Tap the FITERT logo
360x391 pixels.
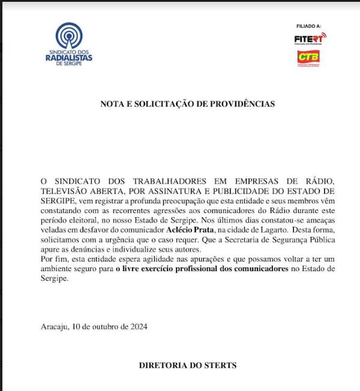pos(310,39)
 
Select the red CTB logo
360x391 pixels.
pos(309,58)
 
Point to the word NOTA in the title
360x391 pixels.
pos(112,104)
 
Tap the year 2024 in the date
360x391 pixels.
pos(137,327)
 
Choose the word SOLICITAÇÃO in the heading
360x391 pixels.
pos(169,104)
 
